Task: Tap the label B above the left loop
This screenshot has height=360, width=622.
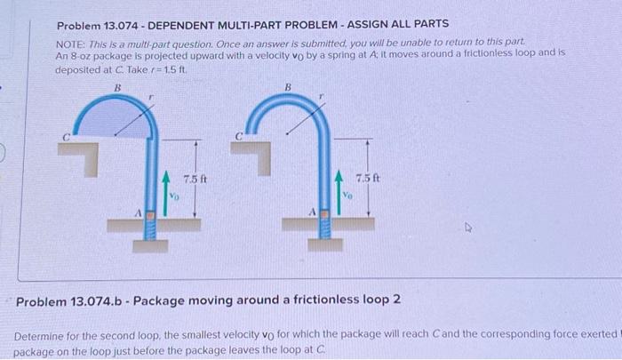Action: click(116, 87)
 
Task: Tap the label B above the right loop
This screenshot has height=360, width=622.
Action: click(287, 87)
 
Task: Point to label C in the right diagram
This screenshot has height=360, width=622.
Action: click(237, 138)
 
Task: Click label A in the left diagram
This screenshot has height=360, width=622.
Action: click(136, 212)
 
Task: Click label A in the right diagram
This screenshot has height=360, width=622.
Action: click(307, 212)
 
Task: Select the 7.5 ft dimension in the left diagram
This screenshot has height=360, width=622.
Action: click(195, 177)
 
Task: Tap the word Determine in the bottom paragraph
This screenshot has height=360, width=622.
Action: click(42, 338)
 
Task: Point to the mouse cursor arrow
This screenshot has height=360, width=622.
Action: click(473, 228)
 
